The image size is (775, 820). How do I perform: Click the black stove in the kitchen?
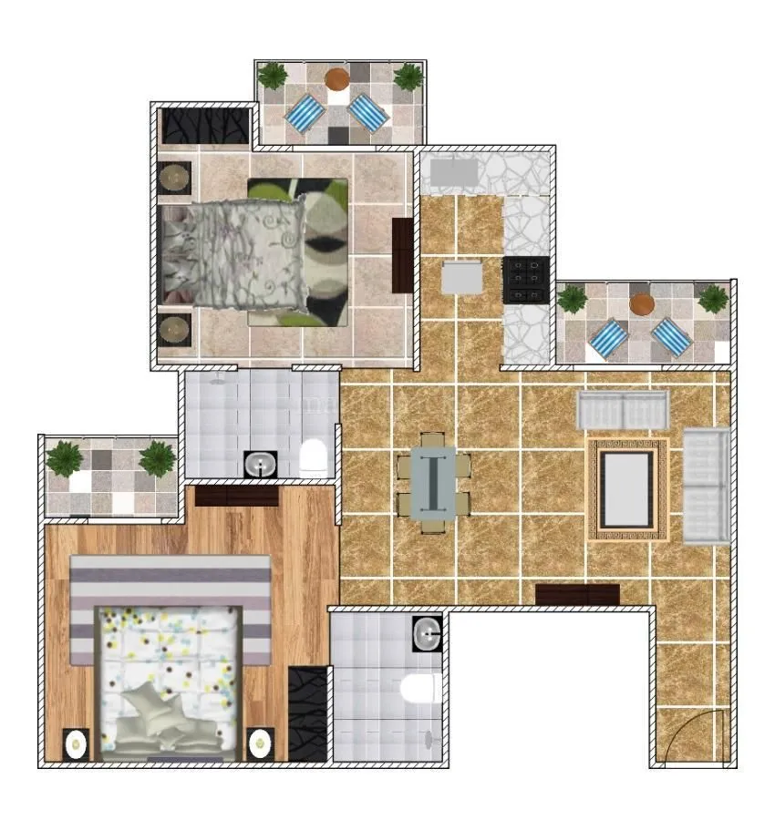[526, 280]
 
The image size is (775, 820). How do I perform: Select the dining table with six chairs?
[433, 482]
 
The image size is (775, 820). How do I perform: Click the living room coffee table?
[628, 489]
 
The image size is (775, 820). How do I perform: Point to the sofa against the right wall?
[707, 487]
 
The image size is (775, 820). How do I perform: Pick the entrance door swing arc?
[695, 736]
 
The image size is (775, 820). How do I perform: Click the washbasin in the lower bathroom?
[427, 630]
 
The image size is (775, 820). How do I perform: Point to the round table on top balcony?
[336, 78]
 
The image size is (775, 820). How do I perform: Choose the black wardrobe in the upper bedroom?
[206, 127]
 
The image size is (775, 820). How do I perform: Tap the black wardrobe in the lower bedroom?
[307, 714]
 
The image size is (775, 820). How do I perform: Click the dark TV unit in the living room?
[577, 595]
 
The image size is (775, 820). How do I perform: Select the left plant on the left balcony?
[65, 456]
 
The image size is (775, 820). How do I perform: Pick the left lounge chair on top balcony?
[305, 114]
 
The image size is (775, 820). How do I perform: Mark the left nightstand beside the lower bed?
[76, 743]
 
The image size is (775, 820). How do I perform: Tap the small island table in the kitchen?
[462, 277]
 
